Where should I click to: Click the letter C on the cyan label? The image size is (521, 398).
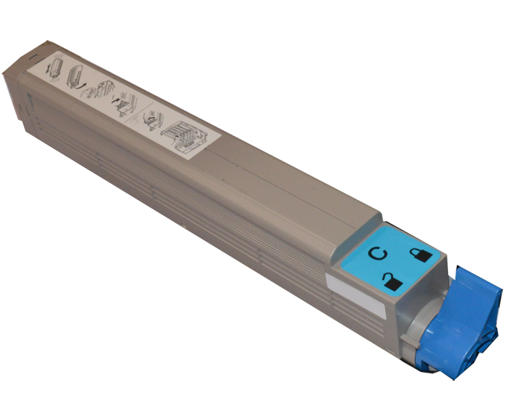coord(378,253)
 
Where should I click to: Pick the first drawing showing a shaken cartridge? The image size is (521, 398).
coord(55,68)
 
